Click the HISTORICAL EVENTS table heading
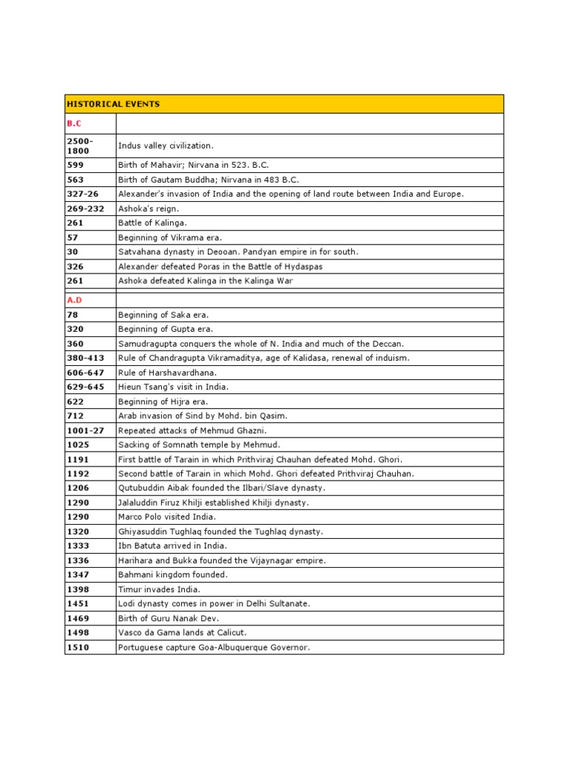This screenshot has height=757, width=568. click(112, 104)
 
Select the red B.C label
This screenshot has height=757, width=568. click(73, 124)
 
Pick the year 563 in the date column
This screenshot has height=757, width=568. click(75, 180)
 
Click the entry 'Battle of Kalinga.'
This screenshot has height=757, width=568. click(153, 223)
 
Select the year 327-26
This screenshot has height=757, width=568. click(82, 194)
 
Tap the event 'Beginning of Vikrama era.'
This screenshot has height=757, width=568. click(170, 237)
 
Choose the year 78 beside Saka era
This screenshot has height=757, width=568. click(72, 315)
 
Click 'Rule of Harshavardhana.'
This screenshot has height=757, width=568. click(167, 373)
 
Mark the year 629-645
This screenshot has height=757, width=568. click(85, 387)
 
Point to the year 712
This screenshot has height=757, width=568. click(75, 415)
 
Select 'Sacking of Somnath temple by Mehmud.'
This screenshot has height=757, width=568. click(199, 445)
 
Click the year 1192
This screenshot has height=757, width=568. click(78, 474)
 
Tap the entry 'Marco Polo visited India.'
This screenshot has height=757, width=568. click(166, 517)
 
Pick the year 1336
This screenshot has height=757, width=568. click(78, 560)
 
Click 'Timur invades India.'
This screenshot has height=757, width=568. click(159, 589)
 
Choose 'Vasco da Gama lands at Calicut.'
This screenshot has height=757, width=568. click(183, 633)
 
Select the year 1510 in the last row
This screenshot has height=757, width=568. click(78, 648)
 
